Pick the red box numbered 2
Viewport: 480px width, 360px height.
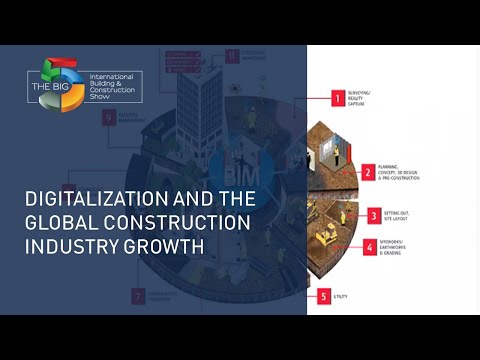pos(369,172)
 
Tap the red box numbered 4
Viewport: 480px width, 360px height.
pos(369,246)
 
